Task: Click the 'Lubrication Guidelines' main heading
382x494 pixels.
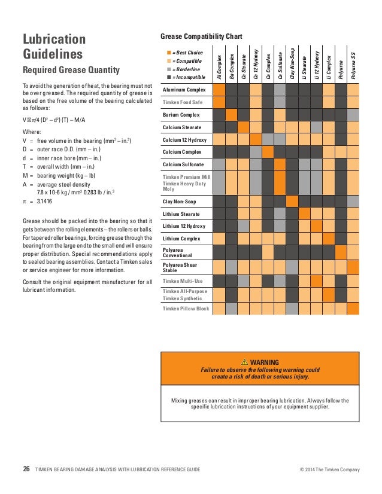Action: click(x=53, y=47)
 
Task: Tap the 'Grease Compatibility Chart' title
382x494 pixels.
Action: click(x=201, y=36)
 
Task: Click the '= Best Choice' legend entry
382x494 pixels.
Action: click(x=187, y=53)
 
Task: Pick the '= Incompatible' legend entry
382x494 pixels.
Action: click(x=188, y=78)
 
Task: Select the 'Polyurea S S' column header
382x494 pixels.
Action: click(x=353, y=65)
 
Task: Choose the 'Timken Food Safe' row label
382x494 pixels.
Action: click(x=183, y=102)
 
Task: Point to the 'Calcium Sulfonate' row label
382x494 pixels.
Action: click(x=183, y=164)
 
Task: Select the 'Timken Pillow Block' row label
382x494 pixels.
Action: click(x=186, y=309)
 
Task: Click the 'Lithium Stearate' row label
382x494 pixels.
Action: click(x=181, y=214)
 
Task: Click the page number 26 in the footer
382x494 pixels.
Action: click(x=26, y=469)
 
